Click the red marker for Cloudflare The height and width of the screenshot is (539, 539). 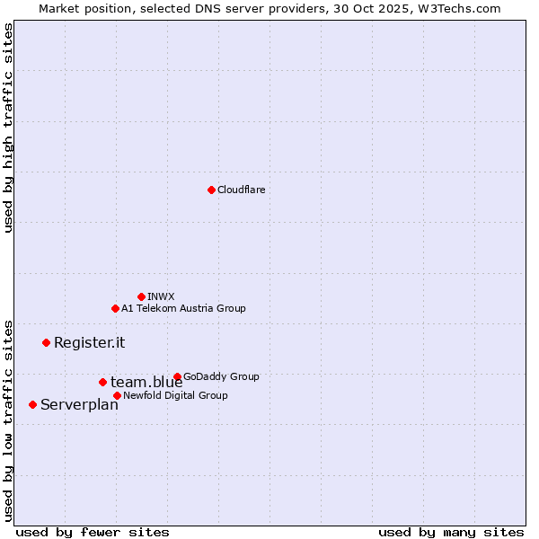(211, 190)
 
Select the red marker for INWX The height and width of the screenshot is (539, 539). (141, 296)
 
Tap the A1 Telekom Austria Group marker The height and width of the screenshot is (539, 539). (115, 308)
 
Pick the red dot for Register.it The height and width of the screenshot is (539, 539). (46, 342)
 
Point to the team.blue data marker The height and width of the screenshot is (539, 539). (102, 382)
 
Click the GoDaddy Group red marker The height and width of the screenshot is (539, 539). (177, 376)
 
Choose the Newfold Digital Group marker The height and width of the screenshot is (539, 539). (117, 395)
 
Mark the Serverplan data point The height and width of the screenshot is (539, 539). (32, 404)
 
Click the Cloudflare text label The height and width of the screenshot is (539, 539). (242, 190)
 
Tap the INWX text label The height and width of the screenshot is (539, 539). (162, 296)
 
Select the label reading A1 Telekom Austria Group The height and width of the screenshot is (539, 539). (183, 308)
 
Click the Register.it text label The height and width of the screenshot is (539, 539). (89, 342)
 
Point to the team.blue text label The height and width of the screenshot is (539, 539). (146, 383)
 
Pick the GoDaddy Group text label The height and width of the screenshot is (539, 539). (221, 376)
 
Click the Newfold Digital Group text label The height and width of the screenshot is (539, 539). (175, 395)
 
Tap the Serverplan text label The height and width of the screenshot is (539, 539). (79, 405)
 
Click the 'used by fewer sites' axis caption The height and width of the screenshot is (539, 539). (93, 532)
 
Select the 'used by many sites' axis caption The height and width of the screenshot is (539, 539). (451, 532)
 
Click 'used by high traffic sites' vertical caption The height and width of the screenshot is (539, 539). (8, 128)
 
